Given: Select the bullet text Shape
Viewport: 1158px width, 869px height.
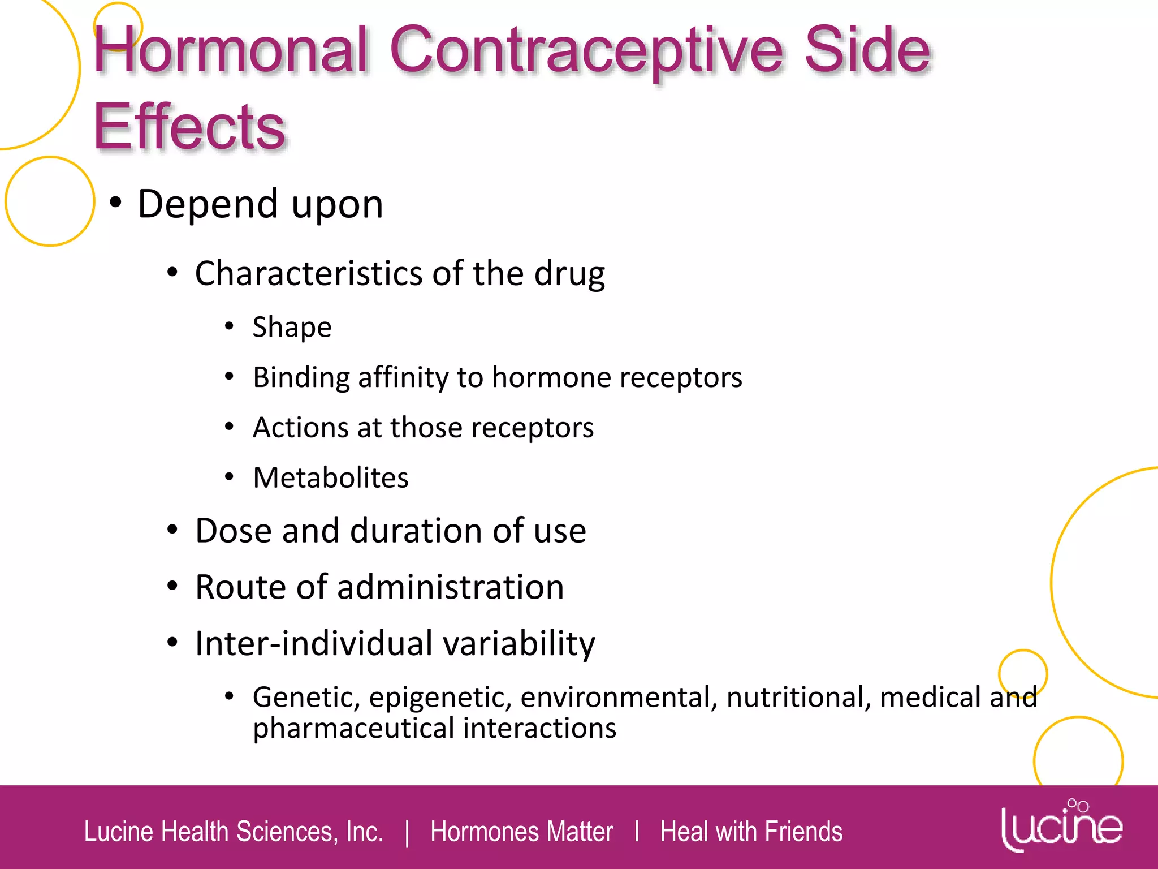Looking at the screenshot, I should (x=292, y=327).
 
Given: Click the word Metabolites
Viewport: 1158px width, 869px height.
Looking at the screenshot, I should (x=331, y=477).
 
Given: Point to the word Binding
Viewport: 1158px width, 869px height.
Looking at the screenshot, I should (x=301, y=377).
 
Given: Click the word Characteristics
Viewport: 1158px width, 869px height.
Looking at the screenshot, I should (x=309, y=273).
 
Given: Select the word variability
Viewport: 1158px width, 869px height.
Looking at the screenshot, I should (x=519, y=643).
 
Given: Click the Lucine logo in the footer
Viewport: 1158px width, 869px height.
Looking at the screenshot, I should (x=1062, y=825).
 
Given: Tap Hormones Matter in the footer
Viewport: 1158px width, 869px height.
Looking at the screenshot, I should (x=521, y=832).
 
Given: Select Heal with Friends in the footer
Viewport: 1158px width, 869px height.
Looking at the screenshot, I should (x=751, y=832).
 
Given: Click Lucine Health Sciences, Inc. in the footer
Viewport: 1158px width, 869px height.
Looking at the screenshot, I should (x=234, y=832).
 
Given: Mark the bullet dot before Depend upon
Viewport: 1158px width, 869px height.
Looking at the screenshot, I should (x=116, y=203).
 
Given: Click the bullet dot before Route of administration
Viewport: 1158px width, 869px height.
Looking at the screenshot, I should (x=172, y=586).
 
